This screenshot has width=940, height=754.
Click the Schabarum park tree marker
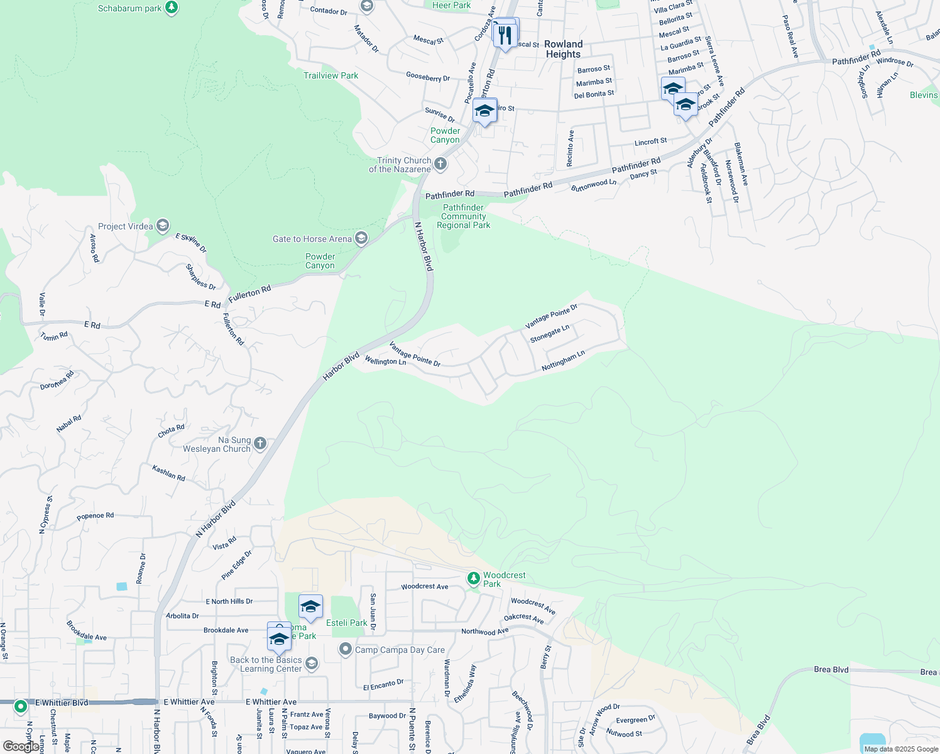pos(172,8)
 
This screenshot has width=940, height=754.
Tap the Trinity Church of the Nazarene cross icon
pos(440,165)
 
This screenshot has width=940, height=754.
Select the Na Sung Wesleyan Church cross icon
pos(260,444)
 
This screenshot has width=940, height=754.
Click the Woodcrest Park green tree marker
pos(473,578)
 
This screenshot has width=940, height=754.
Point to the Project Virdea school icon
pos(162,226)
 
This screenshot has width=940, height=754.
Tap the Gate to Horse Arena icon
pos(361,238)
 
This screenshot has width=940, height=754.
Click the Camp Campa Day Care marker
pos(345,649)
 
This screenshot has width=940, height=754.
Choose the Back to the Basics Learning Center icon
pos(311,664)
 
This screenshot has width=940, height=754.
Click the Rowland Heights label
pos(563,49)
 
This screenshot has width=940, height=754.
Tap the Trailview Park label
pos(331,75)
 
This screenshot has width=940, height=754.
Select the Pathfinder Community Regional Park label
pos(464,216)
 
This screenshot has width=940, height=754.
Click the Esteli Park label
pos(347,623)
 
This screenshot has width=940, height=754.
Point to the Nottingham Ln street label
pos(563,361)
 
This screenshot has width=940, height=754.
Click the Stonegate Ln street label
pos(549,334)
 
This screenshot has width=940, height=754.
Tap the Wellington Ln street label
pos(385,361)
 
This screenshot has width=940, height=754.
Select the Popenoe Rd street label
pos(96,516)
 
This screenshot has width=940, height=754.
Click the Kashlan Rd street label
pos(168,473)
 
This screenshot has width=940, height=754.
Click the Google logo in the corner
pos(20,746)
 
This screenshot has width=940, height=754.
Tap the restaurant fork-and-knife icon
pos(505,35)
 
